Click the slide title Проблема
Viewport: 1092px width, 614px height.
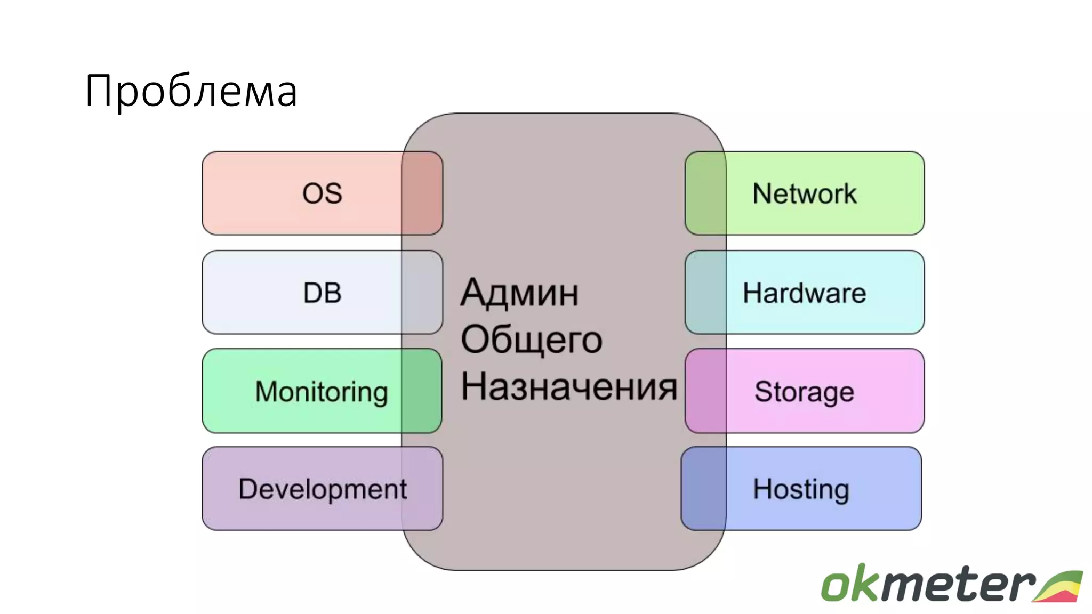191,91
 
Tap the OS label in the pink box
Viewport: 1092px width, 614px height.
322,193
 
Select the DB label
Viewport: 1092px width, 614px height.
322,293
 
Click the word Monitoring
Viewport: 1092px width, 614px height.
322,392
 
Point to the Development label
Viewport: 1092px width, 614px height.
323,489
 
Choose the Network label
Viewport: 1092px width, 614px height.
804,193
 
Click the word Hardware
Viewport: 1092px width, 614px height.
804,293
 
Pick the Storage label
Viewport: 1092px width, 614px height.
804,392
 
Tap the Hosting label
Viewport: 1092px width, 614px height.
801,489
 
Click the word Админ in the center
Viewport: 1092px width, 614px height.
519,293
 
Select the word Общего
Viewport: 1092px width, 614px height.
531,340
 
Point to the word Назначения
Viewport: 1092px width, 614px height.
568,386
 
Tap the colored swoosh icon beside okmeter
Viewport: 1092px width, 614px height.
1058,586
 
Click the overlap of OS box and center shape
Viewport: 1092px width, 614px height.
422,193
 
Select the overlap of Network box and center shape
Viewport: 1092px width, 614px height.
705,193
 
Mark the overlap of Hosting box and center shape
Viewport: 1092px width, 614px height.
704,489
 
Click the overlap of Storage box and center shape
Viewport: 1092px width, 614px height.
705,391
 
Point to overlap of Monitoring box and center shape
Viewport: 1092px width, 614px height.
421,391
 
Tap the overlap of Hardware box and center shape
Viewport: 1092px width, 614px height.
705,293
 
